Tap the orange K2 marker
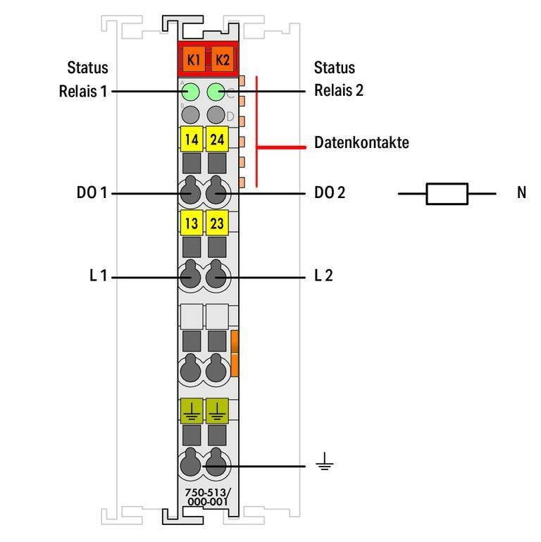click(222, 59)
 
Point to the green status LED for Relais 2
click(217, 91)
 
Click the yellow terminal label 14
click(191, 140)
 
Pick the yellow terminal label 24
click(217, 140)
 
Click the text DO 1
click(92, 192)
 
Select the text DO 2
click(330, 192)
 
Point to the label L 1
click(97, 276)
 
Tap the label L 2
click(323, 276)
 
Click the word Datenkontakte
click(361, 143)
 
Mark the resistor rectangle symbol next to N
click(447, 192)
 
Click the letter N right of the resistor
click(521, 192)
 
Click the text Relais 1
click(83, 91)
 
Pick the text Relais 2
click(339, 91)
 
